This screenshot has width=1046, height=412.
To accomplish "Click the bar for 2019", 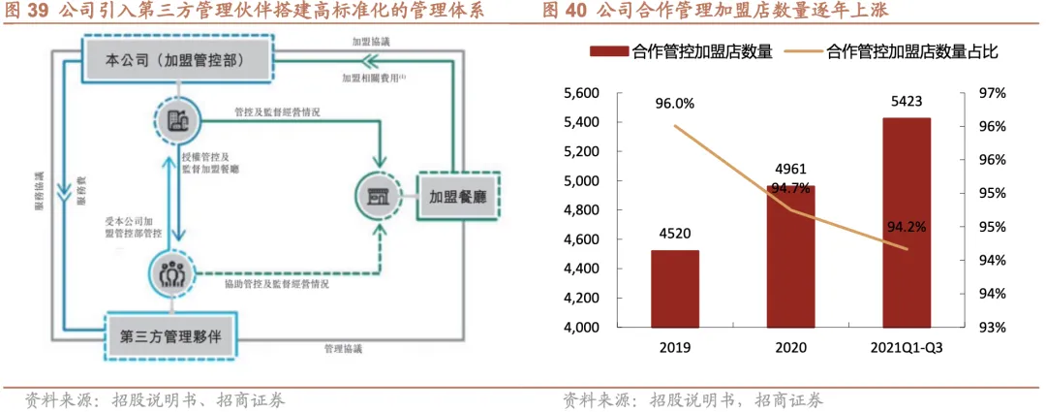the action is click(x=674, y=288).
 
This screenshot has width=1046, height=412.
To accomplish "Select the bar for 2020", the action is click(x=790, y=256).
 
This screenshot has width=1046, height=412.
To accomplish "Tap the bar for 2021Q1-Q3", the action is click(x=906, y=223).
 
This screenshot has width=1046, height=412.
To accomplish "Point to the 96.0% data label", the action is click(x=674, y=104).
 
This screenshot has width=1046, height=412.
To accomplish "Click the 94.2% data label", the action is click(x=908, y=228).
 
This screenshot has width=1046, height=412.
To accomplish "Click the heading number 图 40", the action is click(x=565, y=12).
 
